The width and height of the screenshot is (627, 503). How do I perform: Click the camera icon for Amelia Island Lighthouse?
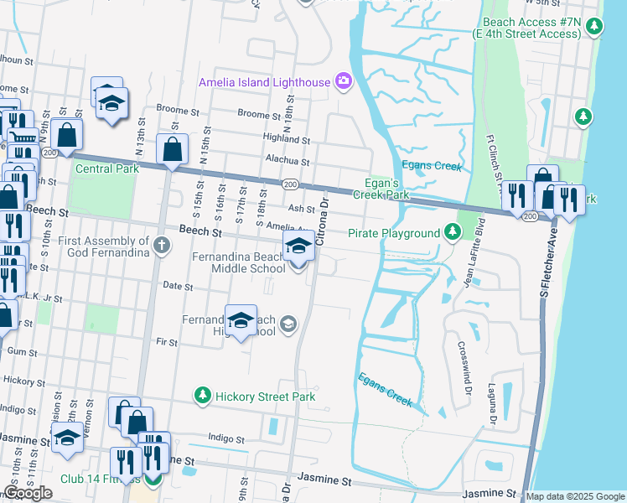[343, 81]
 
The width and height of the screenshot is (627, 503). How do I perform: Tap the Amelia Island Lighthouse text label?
[263, 81]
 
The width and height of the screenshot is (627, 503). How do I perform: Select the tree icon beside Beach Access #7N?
[593, 27]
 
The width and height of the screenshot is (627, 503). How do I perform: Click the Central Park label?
[106, 169]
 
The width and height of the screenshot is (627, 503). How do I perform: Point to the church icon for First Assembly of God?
[163, 246]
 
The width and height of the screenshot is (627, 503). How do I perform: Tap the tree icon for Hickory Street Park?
[201, 395]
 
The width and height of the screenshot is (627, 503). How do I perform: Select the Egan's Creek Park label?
[387, 189]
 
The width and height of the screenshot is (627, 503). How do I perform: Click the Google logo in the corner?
[28, 493]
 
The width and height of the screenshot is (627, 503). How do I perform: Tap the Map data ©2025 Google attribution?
[574, 496]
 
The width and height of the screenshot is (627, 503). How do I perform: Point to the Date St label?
[178, 287]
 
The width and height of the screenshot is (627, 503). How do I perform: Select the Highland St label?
[286, 140]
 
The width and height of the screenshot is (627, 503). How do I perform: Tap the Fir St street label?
[167, 342]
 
